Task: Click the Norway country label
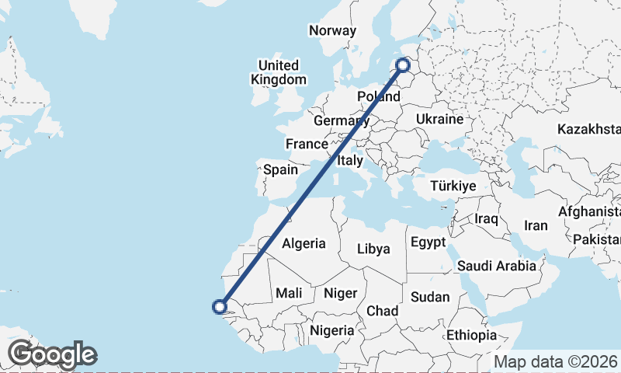[332, 31]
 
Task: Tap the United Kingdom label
[279, 72]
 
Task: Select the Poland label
[378, 96]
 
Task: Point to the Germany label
[341, 121]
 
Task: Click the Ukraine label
[439, 119]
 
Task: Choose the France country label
[307, 144]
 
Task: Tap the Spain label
[280, 169]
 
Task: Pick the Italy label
[350, 161]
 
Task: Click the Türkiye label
[453, 186]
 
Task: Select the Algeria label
[304, 243]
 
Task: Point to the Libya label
[373, 249]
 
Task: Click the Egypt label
[428, 242]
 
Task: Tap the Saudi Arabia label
[497, 266]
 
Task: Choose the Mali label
[289, 293]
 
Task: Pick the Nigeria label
[332, 330]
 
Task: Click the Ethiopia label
[472, 335]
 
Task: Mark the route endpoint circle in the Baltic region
[403, 65]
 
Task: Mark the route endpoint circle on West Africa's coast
[220, 307]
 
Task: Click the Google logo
[52, 354]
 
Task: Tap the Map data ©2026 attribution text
[555, 361]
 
